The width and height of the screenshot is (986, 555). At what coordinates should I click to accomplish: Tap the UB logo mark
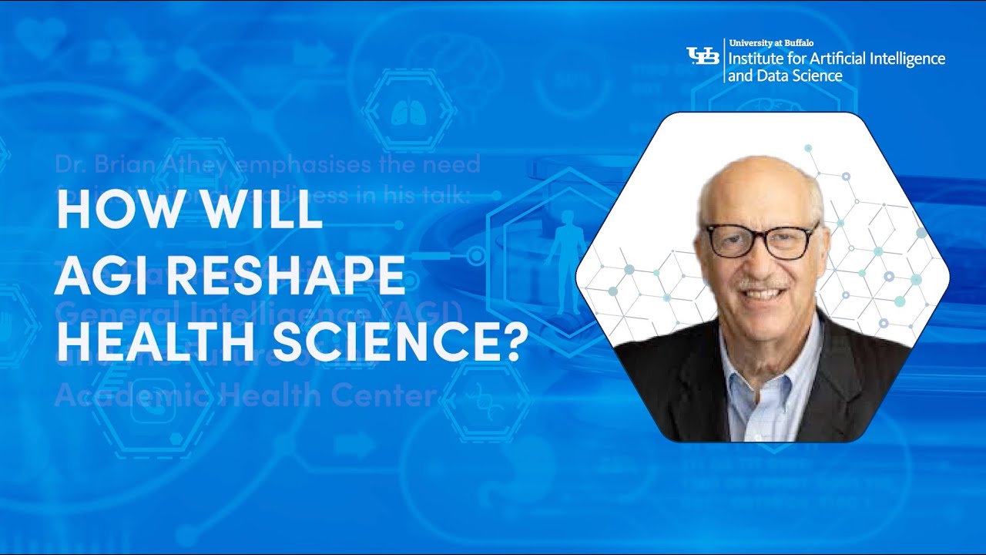[702, 55]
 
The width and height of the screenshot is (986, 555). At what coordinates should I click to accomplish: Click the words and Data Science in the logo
[785, 76]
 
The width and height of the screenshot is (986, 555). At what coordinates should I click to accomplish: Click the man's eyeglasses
[761, 240]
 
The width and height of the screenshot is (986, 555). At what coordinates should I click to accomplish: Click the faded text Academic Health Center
[245, 396]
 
